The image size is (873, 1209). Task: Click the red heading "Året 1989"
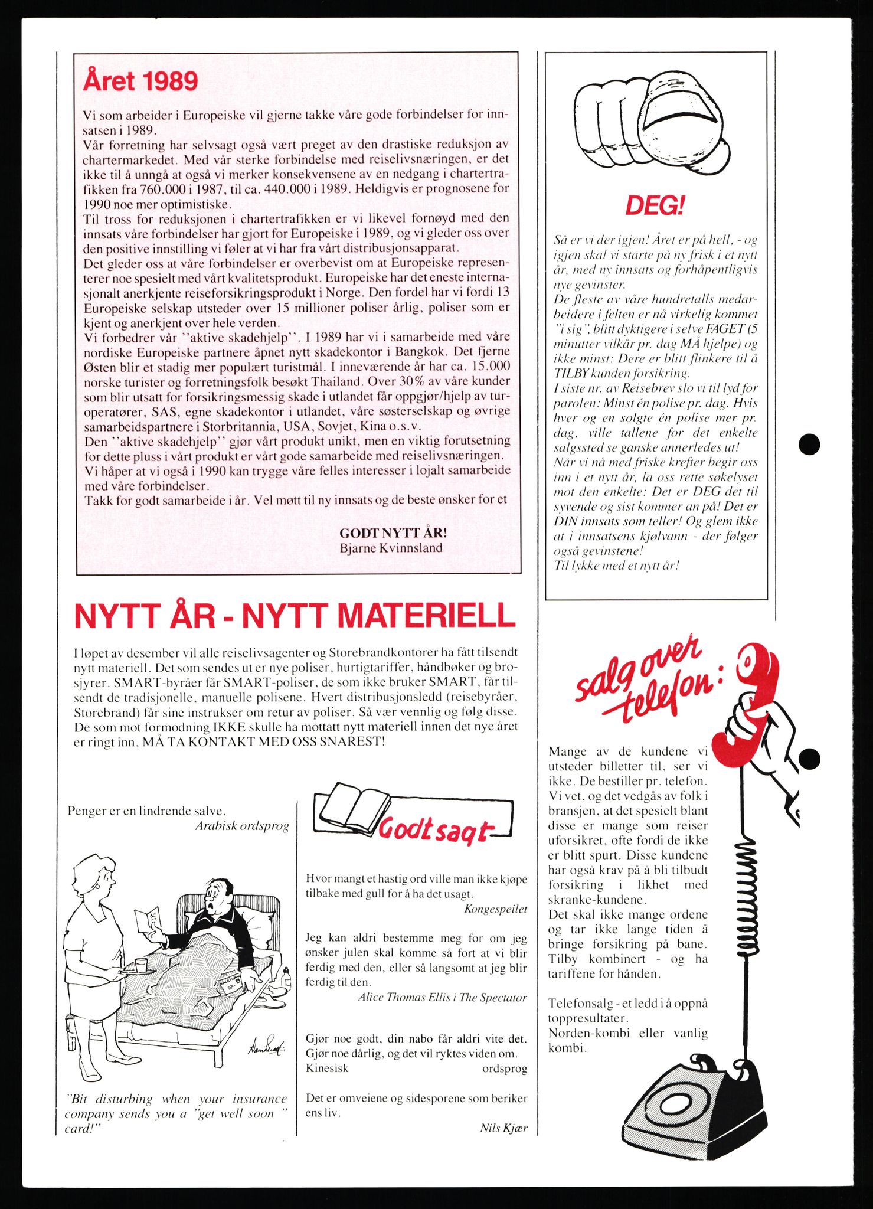140,81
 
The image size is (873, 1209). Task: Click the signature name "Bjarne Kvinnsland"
391,548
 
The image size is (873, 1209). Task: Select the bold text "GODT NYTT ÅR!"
393,532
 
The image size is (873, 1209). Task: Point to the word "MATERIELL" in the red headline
379,616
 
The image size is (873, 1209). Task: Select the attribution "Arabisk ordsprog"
242,826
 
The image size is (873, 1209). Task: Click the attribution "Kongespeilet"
496,909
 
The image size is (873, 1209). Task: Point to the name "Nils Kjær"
503,1128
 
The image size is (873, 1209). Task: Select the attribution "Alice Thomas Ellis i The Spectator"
442,997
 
